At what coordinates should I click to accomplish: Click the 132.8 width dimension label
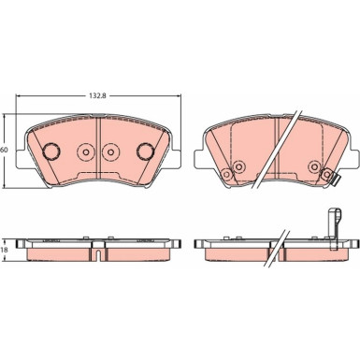pos(98,96)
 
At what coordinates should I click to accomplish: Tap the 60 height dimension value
pos(4,150)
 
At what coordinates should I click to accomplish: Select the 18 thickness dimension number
pos(4,250)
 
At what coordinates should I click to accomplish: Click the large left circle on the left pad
pos(51,151)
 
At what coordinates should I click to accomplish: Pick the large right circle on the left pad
pos(145,151)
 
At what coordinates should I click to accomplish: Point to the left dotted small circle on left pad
pos(86,152)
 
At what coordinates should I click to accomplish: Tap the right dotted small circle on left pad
pos(110,152)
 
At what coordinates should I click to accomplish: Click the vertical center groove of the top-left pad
pos(98,148)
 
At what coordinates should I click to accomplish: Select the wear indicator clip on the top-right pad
pos(336,180)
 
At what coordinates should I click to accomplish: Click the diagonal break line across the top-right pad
pos(278,149)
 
